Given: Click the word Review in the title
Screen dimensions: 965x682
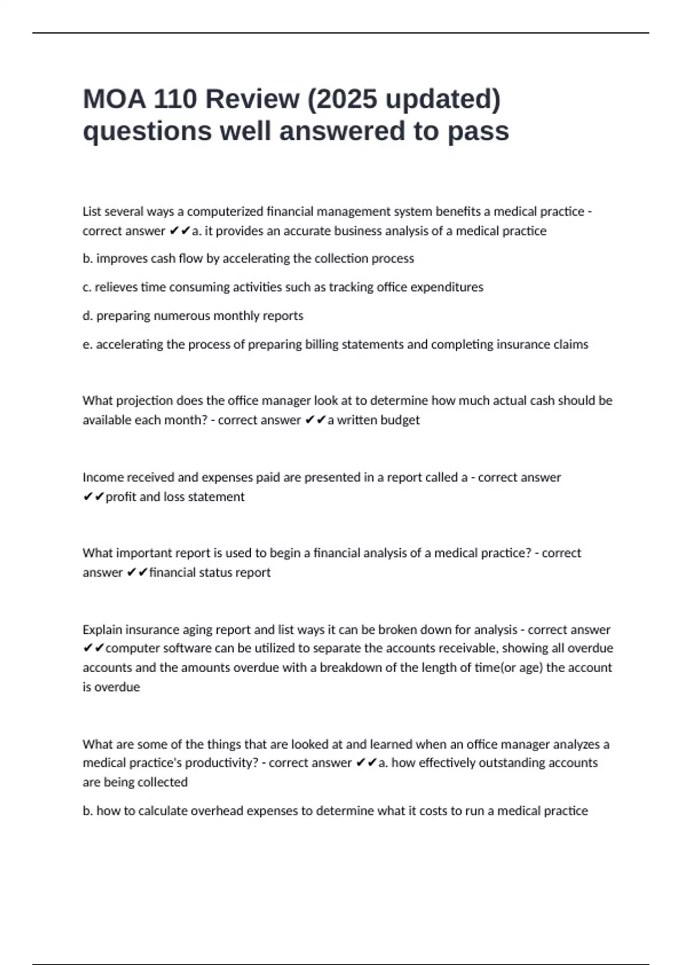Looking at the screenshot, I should tap(252, 99).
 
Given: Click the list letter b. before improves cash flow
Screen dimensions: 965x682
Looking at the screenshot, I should tap(88, 259).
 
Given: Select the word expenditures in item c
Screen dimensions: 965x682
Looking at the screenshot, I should tap(447, 287).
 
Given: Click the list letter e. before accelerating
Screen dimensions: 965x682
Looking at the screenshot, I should tap(88, 345).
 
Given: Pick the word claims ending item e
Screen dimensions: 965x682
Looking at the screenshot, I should tap(571, 345).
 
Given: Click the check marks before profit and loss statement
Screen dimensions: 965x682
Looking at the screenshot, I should tap(93, 497).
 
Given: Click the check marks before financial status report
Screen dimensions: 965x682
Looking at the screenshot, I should tap(137, 573).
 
